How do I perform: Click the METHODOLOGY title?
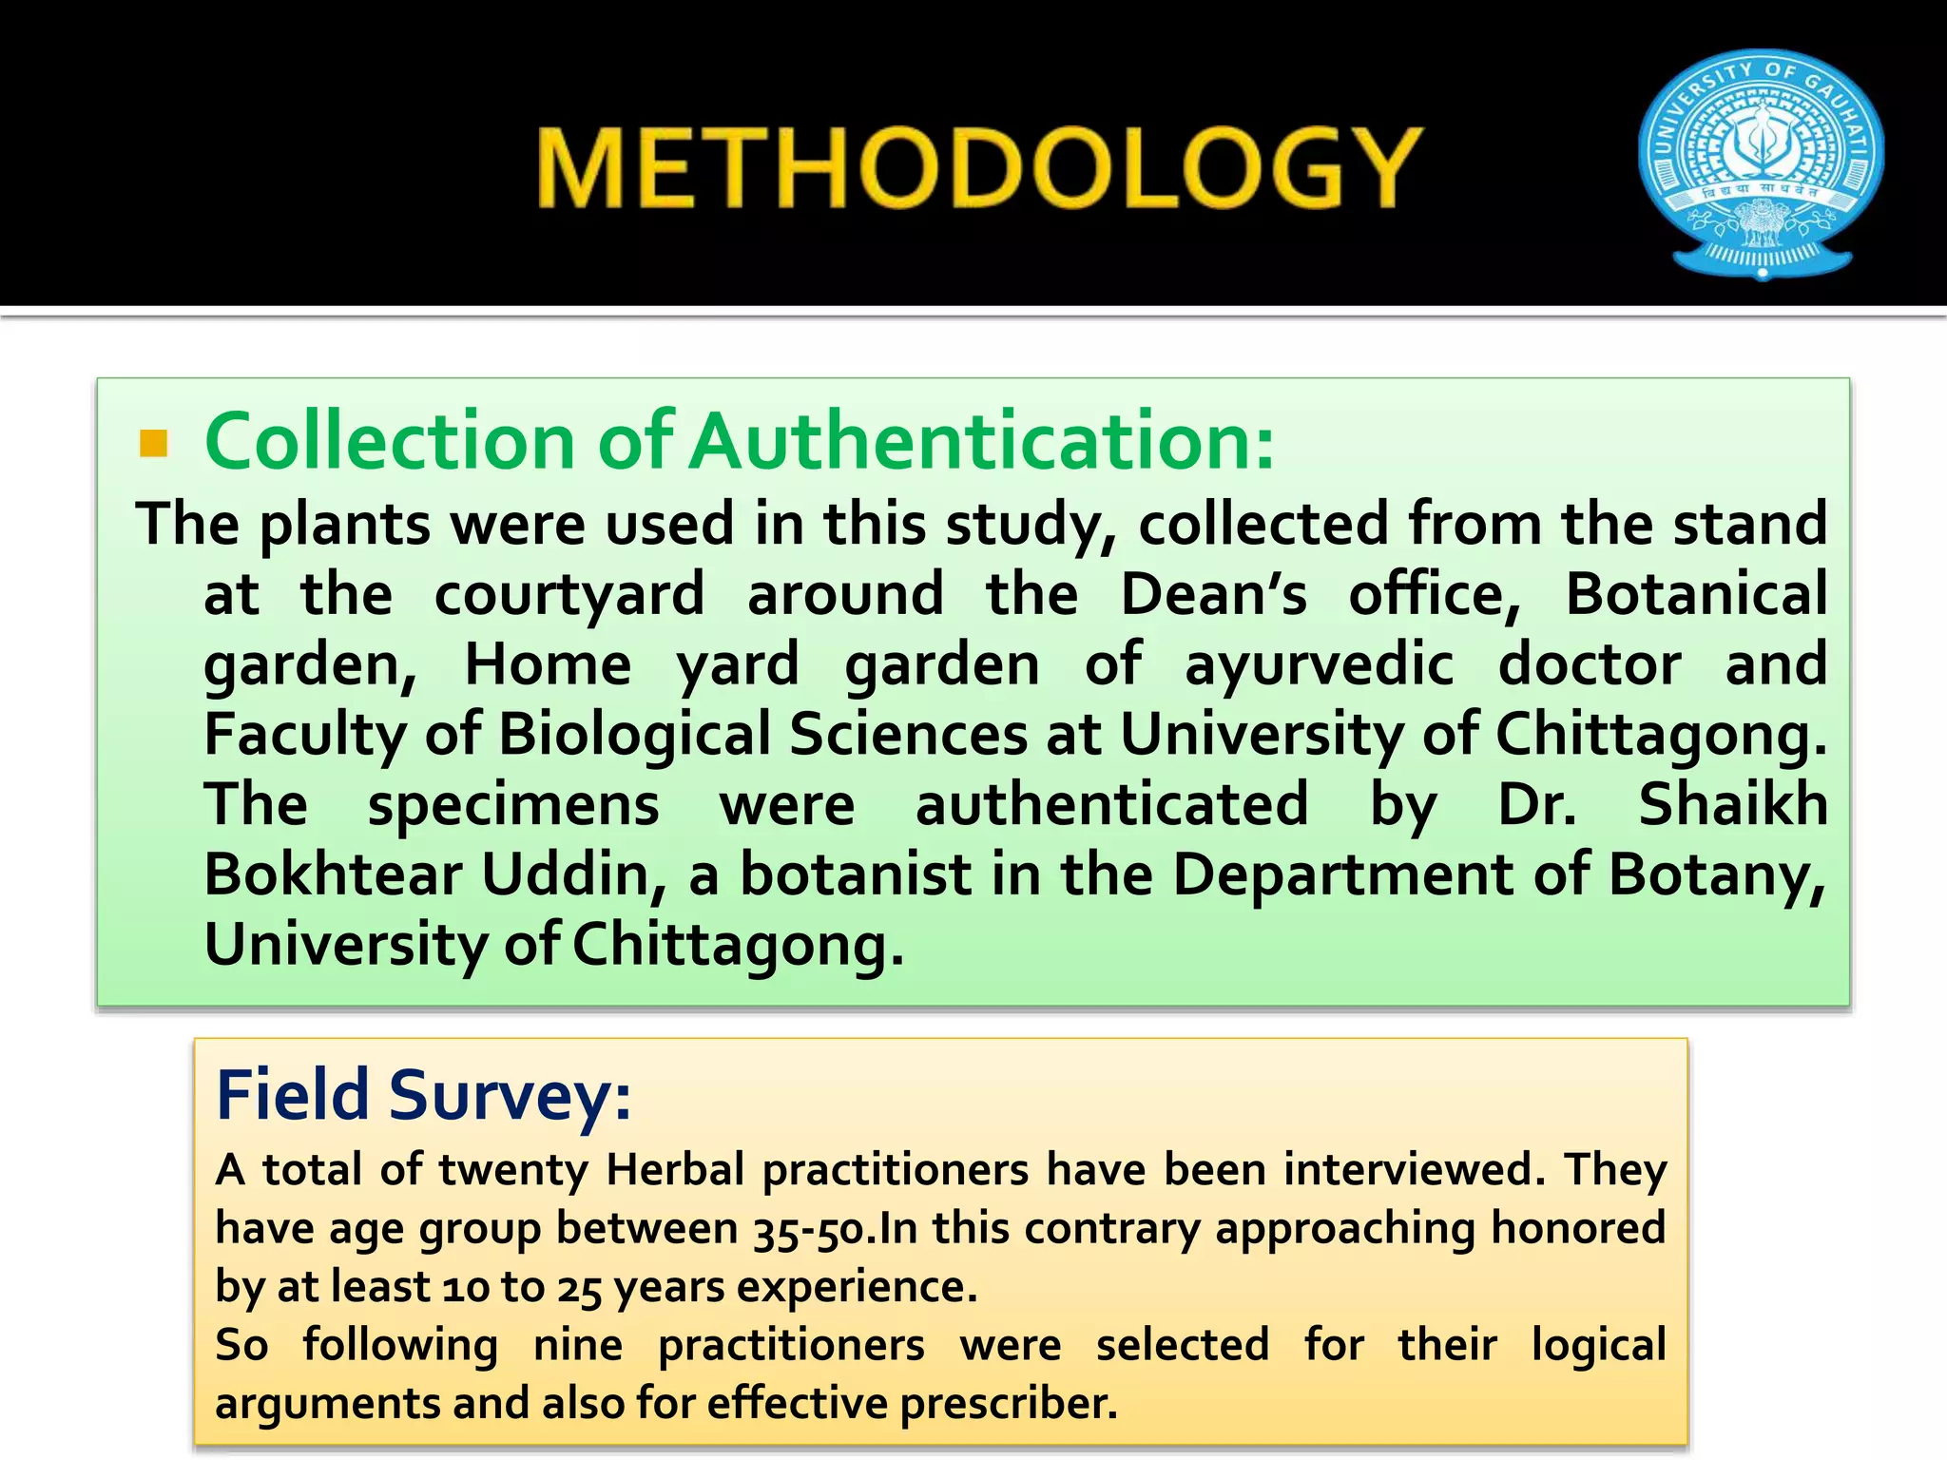(x=979, y=168)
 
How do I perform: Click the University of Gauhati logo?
(x=1762, y=163)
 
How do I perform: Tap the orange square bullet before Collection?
(x=153, y=444)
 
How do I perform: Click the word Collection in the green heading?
(x=390, y=441)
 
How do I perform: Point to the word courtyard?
(x=569, y=594)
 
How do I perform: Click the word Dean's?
(x=1213, y=594)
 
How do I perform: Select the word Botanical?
(x=1696, y=594)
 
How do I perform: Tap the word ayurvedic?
(x=1319, y=664)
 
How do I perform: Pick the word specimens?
(x=513, y=805)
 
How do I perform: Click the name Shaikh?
(x=1732, y=805)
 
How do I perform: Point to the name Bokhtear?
(x=333, y=874)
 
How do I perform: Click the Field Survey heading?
(x=423, y=1095)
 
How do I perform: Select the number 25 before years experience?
(x=579, y=1287)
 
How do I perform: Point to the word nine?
(x=578, y=1345)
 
